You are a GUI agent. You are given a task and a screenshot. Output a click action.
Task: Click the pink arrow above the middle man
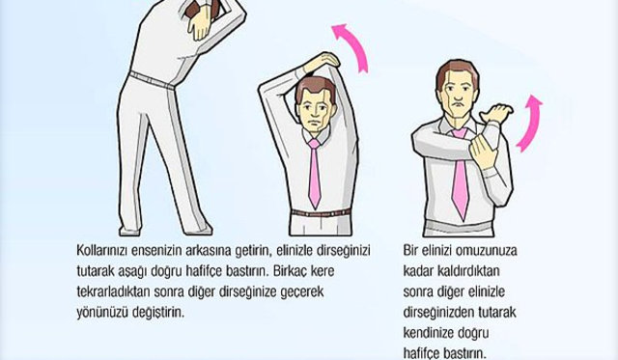[x=354, y=44]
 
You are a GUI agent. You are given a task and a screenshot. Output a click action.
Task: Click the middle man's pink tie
[x=314, y=174]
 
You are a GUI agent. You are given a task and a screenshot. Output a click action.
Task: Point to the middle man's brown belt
[x=321, y=213]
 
